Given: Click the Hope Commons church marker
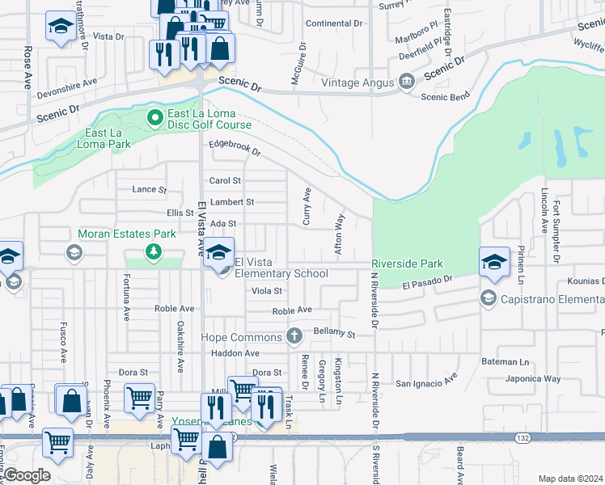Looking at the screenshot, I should (296, 335).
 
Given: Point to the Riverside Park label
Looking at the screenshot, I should (407, 264).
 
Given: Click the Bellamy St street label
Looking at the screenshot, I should (334, 332).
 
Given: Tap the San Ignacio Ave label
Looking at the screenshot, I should (426, 381).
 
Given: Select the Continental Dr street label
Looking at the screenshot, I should (339, 23).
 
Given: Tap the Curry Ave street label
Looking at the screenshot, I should (307, 206).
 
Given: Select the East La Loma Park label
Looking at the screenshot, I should (108, 138).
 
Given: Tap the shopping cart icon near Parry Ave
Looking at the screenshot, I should (139, 398).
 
